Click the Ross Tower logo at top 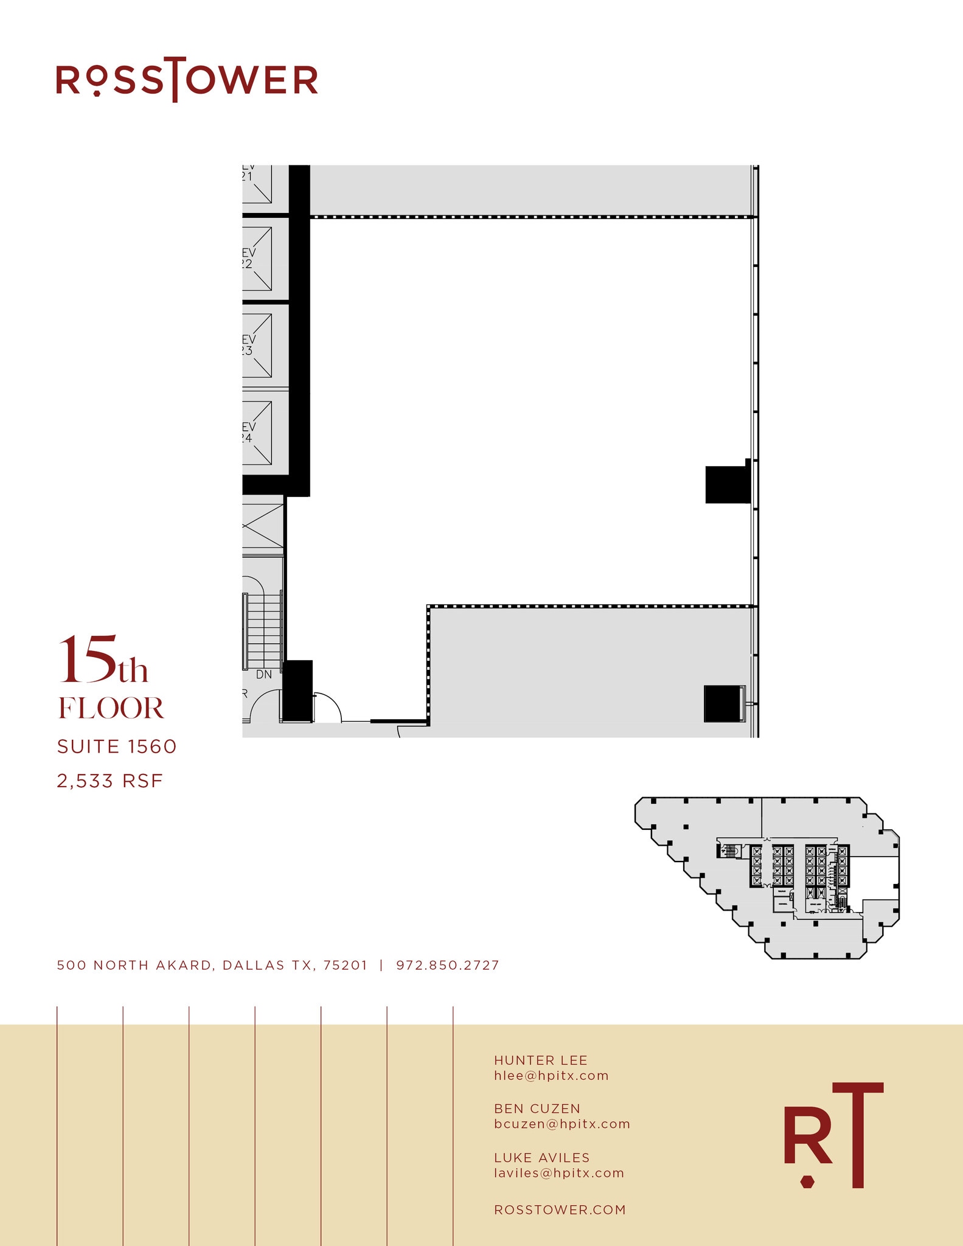187,80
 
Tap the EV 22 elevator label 248,258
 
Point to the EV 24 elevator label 248,432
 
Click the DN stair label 263,674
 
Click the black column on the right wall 727,484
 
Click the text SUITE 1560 116,747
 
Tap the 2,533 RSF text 110,781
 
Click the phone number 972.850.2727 447,965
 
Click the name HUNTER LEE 540,1060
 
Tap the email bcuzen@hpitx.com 561,1124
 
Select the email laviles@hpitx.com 558,1172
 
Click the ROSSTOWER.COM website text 560,1209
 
